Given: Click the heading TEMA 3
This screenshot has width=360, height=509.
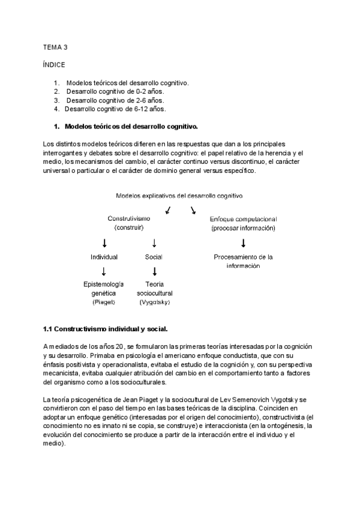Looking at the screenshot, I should click(x=56, y=46).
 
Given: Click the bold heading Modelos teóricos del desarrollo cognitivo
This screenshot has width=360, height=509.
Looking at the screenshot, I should click(x=130, y=127).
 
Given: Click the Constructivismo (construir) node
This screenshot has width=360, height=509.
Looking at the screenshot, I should click(x=129, y=223).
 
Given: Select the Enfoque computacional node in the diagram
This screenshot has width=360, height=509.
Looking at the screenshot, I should click(x=243, y=223).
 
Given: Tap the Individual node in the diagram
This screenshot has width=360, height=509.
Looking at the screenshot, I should click(x=104, y=257).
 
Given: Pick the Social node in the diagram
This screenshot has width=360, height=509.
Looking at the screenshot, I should click(x=154, y=257).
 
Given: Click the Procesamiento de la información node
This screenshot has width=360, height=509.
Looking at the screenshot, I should click(x=243, y=261).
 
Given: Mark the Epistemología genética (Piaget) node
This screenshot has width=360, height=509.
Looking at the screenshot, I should click(x=104, y=293).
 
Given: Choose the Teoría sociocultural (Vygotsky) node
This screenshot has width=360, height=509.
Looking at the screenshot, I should click(x=154, y=293).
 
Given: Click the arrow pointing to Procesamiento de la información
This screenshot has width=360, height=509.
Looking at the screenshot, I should click(x=243, y=243).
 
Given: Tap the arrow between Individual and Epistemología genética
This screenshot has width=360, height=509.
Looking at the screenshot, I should click(x=104, y=271).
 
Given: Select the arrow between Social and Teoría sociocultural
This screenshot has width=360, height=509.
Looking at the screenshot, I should click(x=154, y=271).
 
